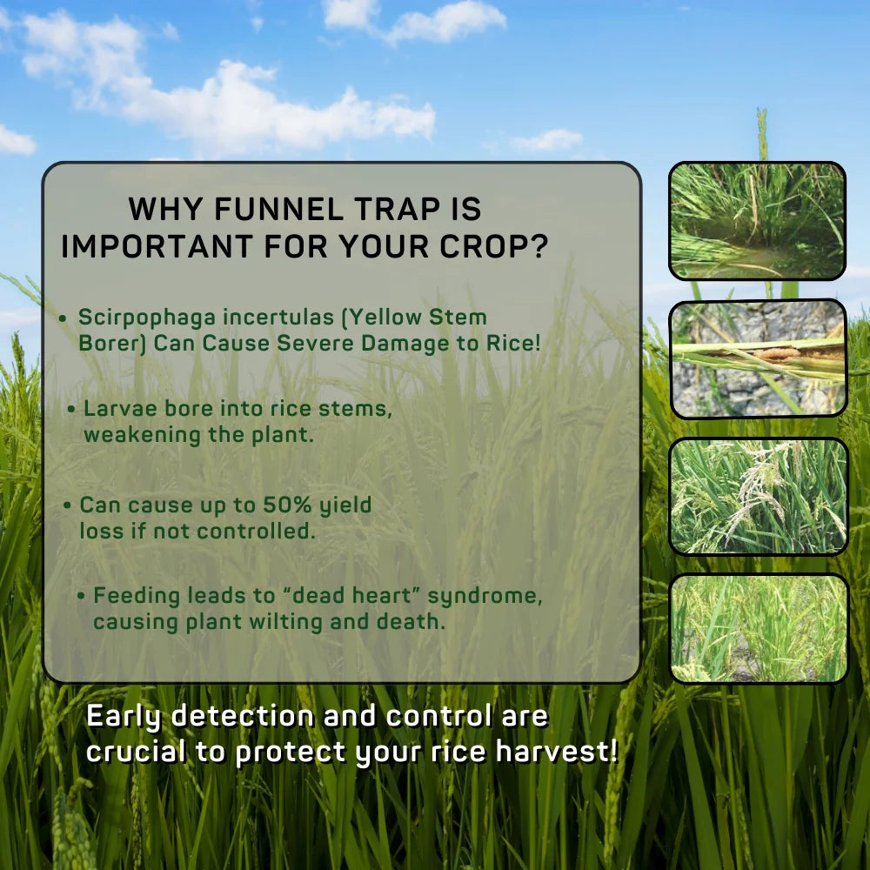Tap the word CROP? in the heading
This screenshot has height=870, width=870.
pos(494,246)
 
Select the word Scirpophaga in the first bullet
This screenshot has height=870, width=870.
pos(147,318)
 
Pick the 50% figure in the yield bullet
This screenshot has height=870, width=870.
pos(287,505)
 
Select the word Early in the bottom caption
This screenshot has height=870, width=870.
pos(124,717)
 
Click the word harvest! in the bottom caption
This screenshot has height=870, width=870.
pos(557,752)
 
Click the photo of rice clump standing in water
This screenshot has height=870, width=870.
pos(758,221)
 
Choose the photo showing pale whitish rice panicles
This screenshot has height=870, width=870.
pos(759,497)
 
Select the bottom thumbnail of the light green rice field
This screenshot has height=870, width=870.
pos(759,629)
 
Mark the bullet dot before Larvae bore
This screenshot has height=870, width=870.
pos(71,410)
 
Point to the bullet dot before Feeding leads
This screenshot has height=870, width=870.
pos(81,597)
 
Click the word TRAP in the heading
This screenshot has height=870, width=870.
pos(398,209)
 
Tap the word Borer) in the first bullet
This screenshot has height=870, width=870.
pos(112,344)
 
